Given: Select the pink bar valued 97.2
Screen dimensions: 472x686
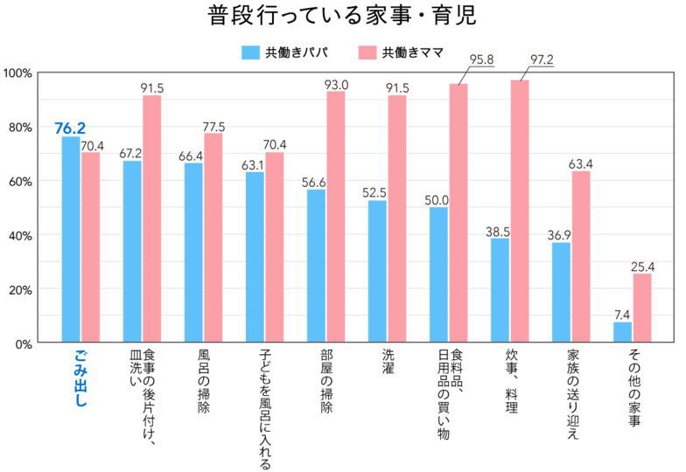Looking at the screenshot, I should (520, 210).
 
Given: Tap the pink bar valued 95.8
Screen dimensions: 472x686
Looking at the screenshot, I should (458, 212).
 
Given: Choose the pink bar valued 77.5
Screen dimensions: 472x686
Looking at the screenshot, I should (213, 237).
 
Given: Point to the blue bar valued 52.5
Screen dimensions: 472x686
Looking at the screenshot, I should (377, 270).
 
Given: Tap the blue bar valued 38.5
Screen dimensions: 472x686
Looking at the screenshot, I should (500, 289).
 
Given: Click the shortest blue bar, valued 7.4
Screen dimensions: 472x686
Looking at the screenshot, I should (622, 331).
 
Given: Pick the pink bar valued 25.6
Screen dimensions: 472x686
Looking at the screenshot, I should (642, 307).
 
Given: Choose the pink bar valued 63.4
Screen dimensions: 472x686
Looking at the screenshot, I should (581, 255).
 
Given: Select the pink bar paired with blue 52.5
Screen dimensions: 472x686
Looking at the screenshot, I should (397, 218).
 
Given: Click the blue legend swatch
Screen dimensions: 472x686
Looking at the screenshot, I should (250, 53).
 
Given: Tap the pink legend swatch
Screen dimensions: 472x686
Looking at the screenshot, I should (367, 53).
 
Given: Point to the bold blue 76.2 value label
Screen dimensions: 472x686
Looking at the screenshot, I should (70, 128).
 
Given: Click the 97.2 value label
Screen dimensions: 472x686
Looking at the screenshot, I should (542, 60).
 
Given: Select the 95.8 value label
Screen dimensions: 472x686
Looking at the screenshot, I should (481, 60).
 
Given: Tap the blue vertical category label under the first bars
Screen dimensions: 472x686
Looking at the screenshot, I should (80, 378).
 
